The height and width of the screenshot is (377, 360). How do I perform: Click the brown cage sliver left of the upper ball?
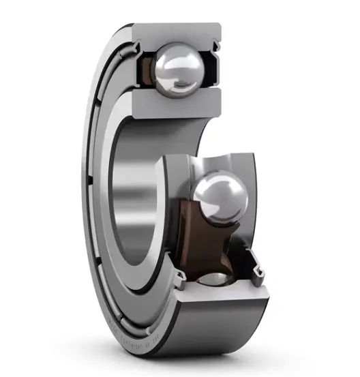pyautogui.click(x=146, y=68)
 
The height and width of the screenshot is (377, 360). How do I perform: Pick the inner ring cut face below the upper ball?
pyautogui.click(x=174, y=104)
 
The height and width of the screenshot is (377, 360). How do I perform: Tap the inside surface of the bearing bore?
pyautogui.click(x=136, y=198)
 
